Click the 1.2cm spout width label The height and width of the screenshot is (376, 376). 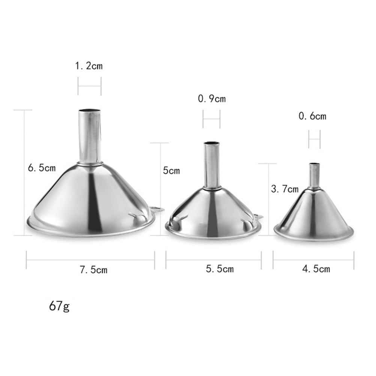[x=89, y=66]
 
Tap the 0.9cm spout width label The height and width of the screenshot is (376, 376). [x=212, y=99]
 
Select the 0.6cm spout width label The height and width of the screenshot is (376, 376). [x=312, y=116]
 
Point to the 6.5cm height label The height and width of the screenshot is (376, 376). [x=42, y=167]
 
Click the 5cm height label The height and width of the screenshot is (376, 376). [x=171, y=171]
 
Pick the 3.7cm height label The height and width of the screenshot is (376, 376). [x=285, y=189]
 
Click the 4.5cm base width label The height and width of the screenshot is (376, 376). [x=316, y=268]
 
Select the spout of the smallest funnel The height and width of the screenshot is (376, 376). [x=314, y=176]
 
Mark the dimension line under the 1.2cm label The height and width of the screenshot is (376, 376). [x=89, y=86]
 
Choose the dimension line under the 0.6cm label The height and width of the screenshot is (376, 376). [x=314, y=139]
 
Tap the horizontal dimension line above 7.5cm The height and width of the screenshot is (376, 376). [x=90, y=260]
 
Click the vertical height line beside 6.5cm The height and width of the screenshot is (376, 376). [x=25, y=173]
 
